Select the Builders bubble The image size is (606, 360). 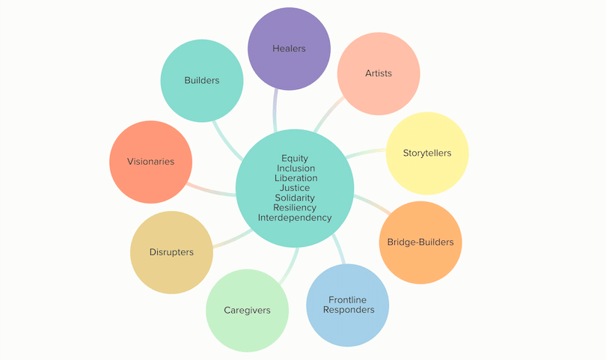202,80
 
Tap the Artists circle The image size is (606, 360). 378,73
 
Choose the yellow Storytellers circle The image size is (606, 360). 427,153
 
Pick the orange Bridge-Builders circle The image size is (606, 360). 420,242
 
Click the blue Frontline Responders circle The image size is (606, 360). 347,304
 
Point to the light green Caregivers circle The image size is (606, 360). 247,310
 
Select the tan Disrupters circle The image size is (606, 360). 171,252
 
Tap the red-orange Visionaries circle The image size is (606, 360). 150,162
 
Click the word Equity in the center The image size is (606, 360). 295,159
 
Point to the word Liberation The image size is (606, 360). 295,178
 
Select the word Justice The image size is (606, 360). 295,188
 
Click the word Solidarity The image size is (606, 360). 295,198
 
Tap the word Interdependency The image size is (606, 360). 295,217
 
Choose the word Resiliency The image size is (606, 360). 295,207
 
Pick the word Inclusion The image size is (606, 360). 295,168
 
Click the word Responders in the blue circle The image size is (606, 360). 347,309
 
